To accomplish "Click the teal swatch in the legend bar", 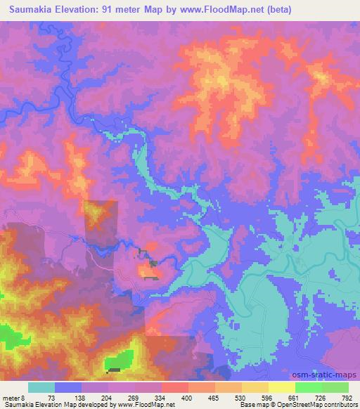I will click(41, 387).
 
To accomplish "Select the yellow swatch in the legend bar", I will click(281, 387).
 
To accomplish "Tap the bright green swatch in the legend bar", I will click(308, 387).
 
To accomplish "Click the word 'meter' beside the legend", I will click(12, 397).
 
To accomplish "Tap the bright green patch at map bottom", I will click(120, 361).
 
